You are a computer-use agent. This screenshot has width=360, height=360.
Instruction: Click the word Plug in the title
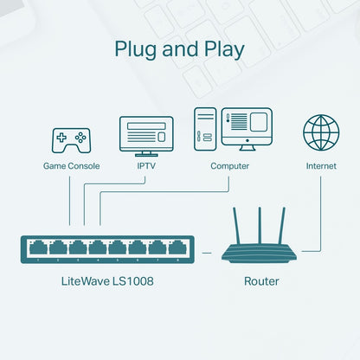coord(137,48)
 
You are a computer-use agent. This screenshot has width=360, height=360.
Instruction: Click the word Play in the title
coord(221,48)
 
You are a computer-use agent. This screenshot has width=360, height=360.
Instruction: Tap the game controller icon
coord(71,139)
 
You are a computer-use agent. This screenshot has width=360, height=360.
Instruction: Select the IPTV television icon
coord(146,135)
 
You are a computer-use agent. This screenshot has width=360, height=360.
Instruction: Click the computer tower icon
coord(205,129)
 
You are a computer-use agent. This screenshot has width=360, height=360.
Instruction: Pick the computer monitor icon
coord(247,129)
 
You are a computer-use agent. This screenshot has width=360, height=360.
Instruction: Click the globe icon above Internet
coord(320,132)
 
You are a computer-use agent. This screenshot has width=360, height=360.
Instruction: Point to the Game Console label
coord(71,165)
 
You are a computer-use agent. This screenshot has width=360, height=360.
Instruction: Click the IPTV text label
coord(146,165)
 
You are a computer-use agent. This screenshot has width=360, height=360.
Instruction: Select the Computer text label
coord(230,165)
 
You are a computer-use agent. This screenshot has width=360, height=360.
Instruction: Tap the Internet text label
coord(321,165)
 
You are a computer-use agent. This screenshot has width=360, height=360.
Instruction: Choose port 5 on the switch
coord(118,247)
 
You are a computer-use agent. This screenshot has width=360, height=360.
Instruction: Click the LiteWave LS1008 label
coord(108,281)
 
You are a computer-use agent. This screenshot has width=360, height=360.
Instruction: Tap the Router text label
coord(260,281)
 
